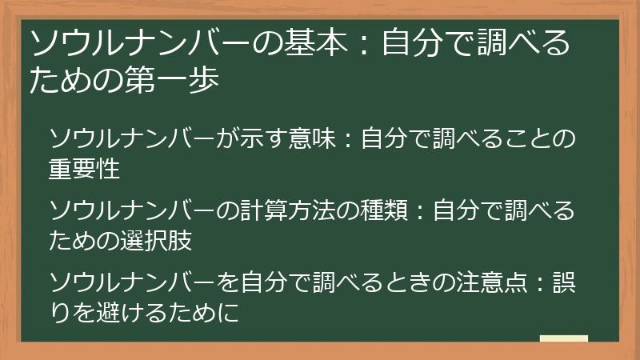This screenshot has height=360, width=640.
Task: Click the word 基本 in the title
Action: pyautogui.click(x=315, y=42)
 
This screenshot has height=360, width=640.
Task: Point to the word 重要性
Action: pyautogui.click(x=84, y=169)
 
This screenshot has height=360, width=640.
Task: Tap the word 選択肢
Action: pyautogui.click(x=156, y=241)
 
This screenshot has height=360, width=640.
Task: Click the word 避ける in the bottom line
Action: pyautogui.click(x=131, y=313)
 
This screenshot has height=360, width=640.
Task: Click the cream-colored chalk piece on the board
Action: pyautogui.click(x=564, y=338)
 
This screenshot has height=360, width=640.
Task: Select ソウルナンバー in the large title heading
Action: pyautogui.click(x=141, y=42)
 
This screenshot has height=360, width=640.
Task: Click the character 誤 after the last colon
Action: pyautogui.click(x=564, y=282)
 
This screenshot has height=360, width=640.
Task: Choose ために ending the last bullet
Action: pyautogui.click(x=203, y=313)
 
